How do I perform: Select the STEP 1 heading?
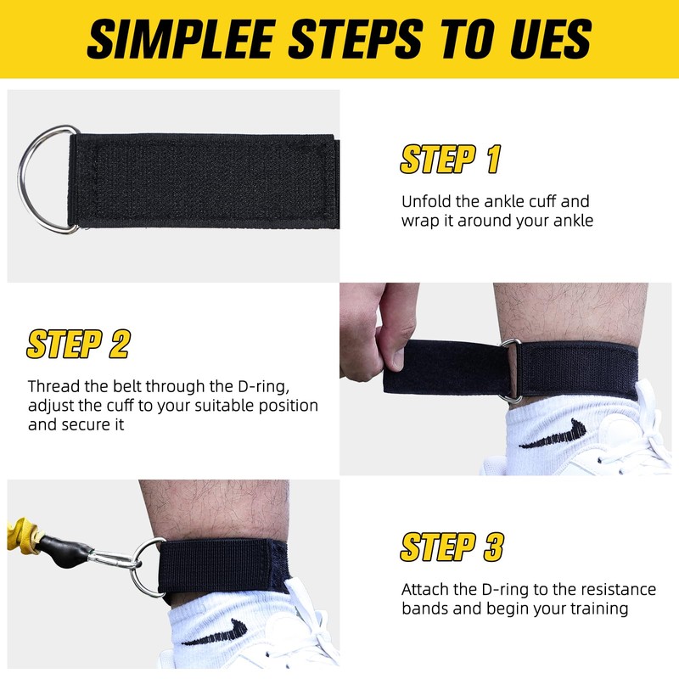pos(450,159)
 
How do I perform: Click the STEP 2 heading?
pos(78,344)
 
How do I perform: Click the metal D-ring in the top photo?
pos(48,178)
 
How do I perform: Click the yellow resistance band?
pos(19,532)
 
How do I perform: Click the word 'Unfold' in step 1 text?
pos(425,202)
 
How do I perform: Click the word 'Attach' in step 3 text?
pos(424,589)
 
